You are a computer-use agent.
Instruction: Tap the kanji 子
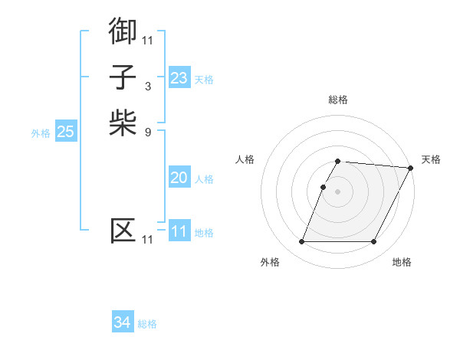tap(123, 77)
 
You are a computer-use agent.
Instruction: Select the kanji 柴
tap(123, 123)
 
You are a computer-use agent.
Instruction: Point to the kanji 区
tap(123, 231)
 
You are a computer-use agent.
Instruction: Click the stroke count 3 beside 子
tap(147, 87)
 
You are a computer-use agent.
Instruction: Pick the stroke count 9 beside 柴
tap(147, 132)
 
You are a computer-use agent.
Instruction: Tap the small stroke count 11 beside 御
tap(147, 40)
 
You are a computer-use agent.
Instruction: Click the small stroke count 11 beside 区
tap(147, 240)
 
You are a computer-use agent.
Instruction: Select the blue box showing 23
tap(179, 77)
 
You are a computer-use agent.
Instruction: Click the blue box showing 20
tap(179, 178)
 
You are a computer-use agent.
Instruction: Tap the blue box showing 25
tap(66, 132)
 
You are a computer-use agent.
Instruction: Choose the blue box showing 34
tap(123, 322)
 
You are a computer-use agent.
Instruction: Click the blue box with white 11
tap(179, 231)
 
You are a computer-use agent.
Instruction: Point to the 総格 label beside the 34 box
tap(147, 324)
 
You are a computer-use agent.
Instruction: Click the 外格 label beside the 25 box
tap(41, 133)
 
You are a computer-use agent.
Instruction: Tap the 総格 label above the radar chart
tap(337, 100)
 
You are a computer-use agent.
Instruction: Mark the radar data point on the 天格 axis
tap(411, 168)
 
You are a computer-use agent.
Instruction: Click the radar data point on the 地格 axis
tap(374, 242)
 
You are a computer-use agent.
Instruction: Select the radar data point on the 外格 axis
tap(301, 242)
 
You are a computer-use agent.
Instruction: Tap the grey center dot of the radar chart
tap(337, 191)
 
